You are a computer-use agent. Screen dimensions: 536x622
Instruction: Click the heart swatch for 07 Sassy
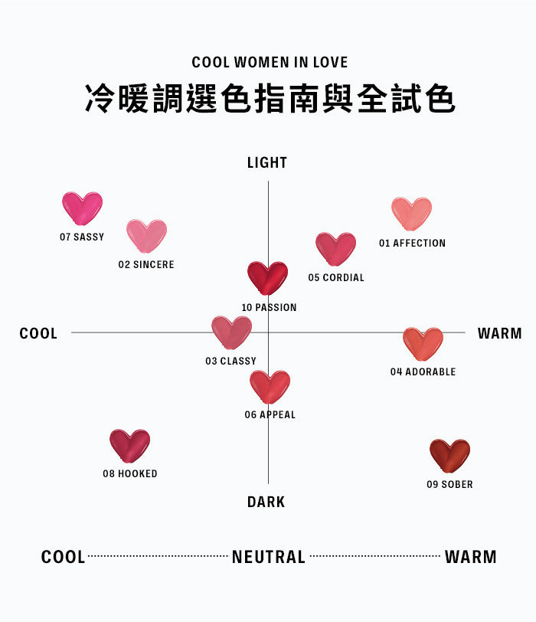[82, 208]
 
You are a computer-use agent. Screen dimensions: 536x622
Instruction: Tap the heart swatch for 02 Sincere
[146, 236]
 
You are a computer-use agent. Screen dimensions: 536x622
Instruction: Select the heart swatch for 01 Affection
[412, 214]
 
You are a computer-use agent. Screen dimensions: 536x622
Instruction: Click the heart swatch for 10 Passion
[268, 277]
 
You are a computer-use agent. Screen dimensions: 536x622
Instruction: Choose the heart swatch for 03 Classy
[231, 332]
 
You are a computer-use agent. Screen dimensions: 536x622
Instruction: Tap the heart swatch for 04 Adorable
[423, 343]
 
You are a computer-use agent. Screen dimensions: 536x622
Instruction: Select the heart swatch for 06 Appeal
[270, 386]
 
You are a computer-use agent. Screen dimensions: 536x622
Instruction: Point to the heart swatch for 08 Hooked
[130, 445]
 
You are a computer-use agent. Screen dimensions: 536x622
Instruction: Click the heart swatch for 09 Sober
[449, 455]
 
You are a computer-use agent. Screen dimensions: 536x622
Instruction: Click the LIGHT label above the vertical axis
[267, 162]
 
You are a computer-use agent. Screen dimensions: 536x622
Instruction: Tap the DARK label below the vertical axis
[266, 502]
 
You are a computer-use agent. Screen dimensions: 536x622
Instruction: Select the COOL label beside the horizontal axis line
[38, 333]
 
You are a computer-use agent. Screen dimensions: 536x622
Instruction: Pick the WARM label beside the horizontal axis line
[499, 333]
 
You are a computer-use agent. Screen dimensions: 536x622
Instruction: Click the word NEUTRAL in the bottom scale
[269, 557]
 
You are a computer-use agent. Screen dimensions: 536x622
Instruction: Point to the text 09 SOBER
[449, 484]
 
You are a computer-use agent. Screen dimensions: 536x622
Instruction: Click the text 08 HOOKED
[130, 473]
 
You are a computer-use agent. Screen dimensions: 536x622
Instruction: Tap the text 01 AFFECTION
[412, 243]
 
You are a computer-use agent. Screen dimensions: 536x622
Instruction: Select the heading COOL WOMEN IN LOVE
[270, 62]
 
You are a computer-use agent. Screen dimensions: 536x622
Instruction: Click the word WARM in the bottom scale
[470, 557]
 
